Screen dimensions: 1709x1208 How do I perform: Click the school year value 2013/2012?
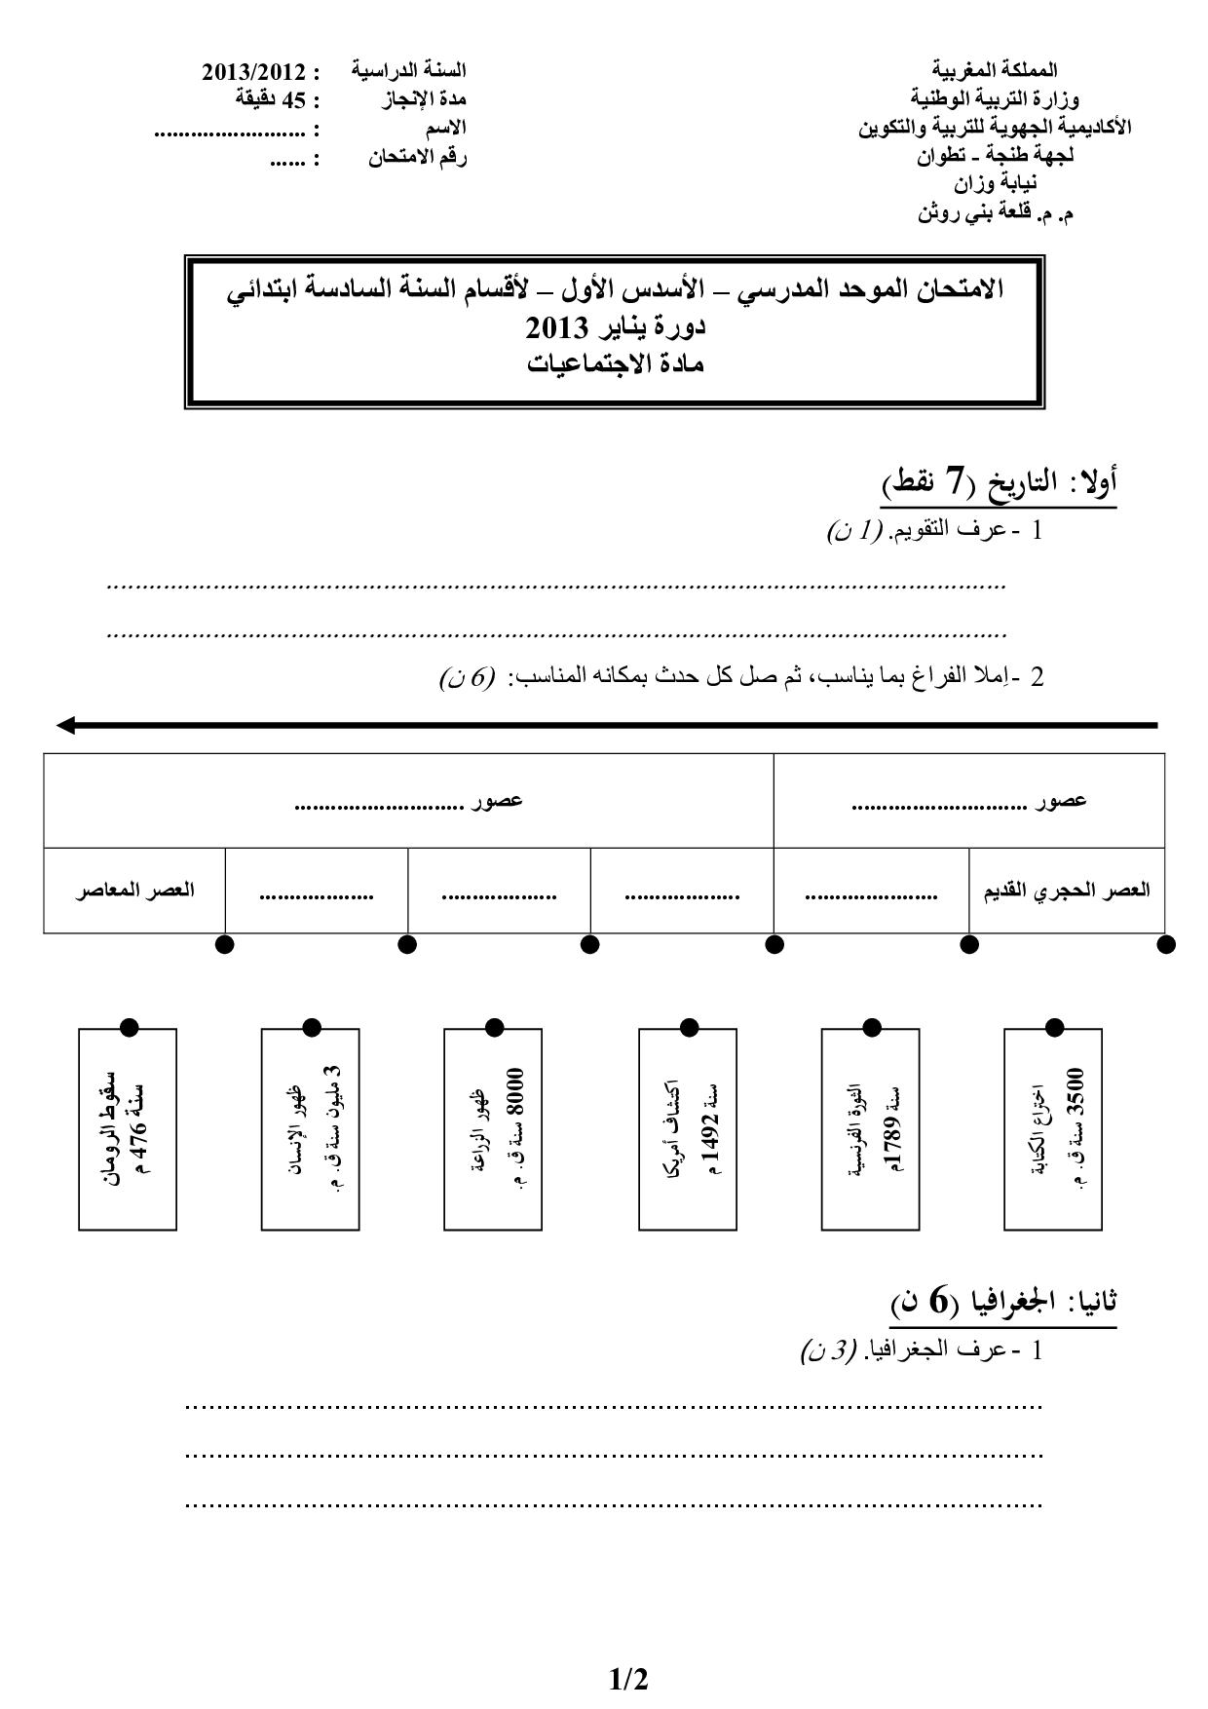coord(252,72)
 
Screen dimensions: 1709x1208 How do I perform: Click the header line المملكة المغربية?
coord(995,70)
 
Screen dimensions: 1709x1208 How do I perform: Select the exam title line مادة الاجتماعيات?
coord(615,364)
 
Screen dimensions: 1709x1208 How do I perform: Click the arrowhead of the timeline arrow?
coord(66,725)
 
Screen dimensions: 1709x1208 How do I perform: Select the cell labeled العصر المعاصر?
coord(134,891)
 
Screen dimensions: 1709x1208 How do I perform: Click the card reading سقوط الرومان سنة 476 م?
coord(128,1128)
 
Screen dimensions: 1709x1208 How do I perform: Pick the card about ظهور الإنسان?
coord(311,1128)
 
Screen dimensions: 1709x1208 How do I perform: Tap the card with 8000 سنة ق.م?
coord(493,1128)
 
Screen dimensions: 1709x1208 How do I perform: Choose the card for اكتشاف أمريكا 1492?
coord(688,1128)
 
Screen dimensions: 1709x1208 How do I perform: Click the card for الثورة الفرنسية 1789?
coord(871,1128)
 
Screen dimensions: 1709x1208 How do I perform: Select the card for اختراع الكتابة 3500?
coord(1053,1128)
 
